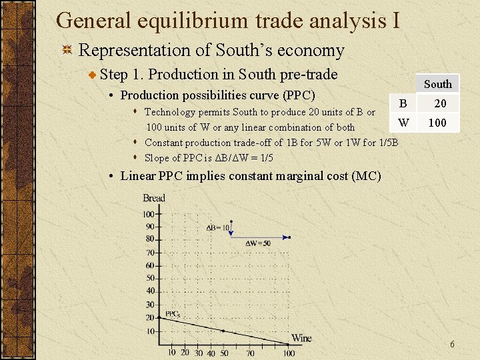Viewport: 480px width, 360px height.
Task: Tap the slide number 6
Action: [452, 345]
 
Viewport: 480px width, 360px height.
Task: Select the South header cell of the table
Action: [437, 84]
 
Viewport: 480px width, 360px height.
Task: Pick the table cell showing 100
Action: [437, 123]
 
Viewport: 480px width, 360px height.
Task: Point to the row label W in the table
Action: [403, 123]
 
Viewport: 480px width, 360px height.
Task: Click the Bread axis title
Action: [154, 198]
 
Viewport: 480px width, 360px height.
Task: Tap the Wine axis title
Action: [301, 338]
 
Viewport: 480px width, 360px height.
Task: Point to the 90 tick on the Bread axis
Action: [149, 227]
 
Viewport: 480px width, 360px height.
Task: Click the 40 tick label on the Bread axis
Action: [149, 291]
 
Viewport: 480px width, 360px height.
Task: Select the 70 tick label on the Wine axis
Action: [250, 353]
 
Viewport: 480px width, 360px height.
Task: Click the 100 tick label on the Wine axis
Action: [289, 353]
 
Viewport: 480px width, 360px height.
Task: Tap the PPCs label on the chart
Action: [173, 313]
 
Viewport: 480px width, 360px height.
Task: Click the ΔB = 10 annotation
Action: [218, 227]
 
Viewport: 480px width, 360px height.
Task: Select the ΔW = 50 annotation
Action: [258, 243]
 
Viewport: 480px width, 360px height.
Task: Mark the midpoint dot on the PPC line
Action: [223, 331]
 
